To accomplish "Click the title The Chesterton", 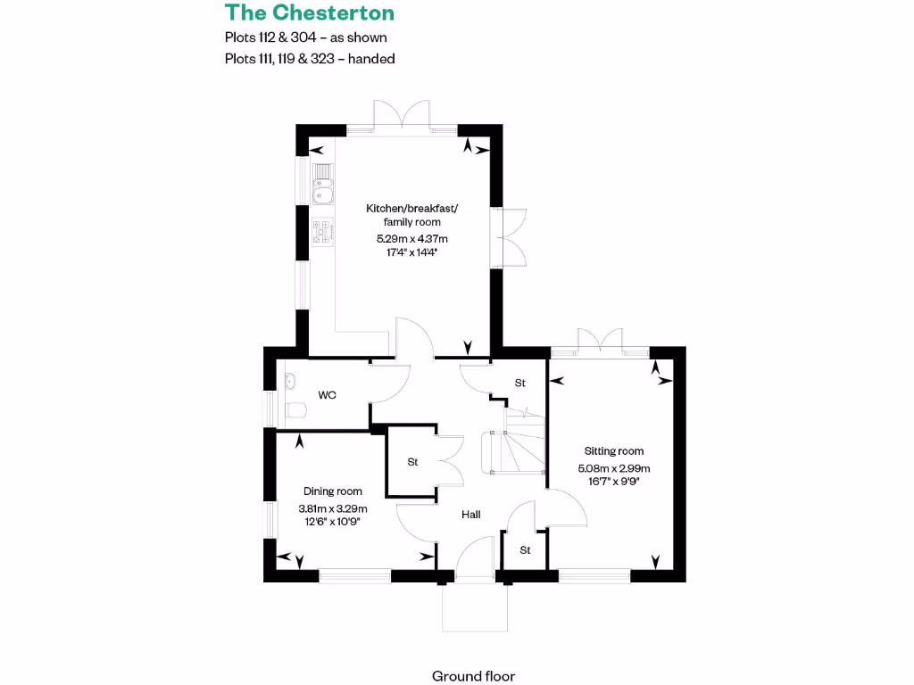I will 309,12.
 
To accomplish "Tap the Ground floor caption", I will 473,676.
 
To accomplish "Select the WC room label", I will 328,394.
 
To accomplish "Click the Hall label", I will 470,515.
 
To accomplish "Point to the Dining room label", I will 333,491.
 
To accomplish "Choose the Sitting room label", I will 614,451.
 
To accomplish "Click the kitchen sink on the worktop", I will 322,190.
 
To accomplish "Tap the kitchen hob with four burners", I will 322,232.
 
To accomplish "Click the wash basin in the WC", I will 288,382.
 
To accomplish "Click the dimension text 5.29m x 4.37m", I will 406,239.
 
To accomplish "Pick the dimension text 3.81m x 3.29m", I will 333,508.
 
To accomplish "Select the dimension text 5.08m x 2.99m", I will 614,468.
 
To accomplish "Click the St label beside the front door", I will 525,550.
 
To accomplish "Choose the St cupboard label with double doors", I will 412,462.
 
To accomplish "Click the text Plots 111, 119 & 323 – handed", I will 310,59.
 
